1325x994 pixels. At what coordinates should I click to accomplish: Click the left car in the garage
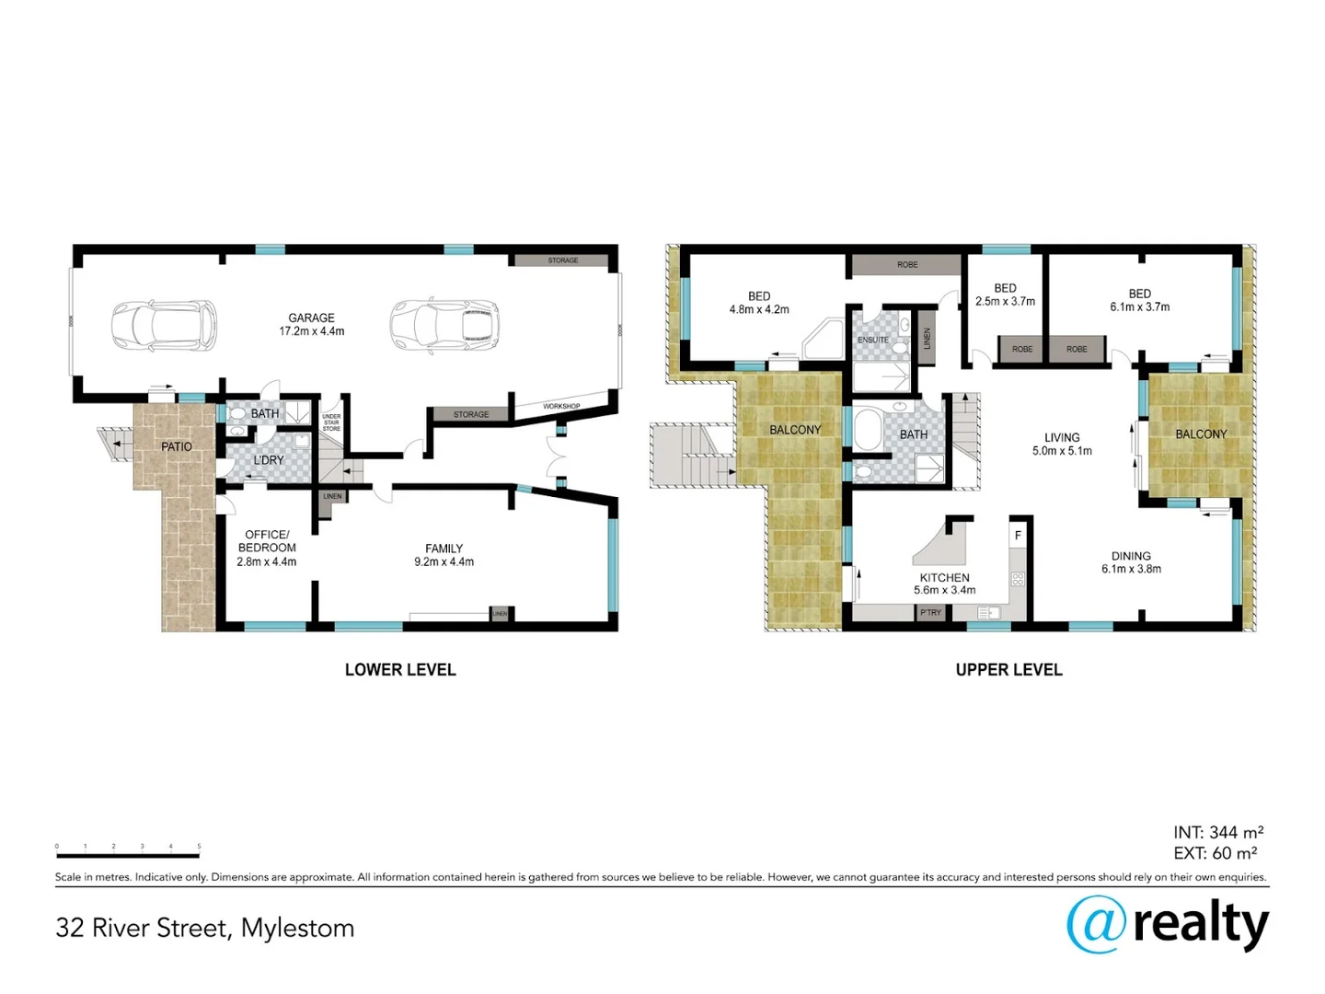[x=164, y=325]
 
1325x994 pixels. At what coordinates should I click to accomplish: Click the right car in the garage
[x=443, y=325]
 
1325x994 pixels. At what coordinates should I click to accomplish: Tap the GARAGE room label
[x=311, y=324]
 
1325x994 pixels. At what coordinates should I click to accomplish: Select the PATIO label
[x=177, y=446]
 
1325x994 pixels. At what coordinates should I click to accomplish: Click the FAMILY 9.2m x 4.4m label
[x=444, y=555]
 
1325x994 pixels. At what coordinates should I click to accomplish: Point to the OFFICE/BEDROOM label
[x=267, y=548]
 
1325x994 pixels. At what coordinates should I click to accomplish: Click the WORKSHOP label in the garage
[x=561, y=406]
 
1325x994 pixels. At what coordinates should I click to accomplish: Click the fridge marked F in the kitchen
[x=1018, y=535]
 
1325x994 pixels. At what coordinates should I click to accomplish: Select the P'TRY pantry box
[x=930, y=612]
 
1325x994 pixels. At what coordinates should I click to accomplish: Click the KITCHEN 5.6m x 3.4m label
[x=944, y=584]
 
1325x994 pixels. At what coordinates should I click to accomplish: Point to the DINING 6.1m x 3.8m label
[x=1131, y=562]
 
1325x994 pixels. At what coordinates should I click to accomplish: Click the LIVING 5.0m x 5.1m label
[x=1062, y=445]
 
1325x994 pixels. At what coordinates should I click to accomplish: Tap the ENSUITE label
[x=873, y=340]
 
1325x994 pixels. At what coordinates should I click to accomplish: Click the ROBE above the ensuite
[x=907, y=265]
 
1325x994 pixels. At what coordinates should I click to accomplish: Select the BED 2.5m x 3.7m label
[x=1005, y=295]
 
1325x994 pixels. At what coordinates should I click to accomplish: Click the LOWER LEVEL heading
[x=400, y=670]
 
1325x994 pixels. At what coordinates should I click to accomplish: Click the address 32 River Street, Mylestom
[x=204, y=928]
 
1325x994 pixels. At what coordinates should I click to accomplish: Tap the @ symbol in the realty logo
[x=1096, y=924]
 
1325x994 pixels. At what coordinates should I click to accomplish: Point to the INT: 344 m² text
[x=1217, y=833]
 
